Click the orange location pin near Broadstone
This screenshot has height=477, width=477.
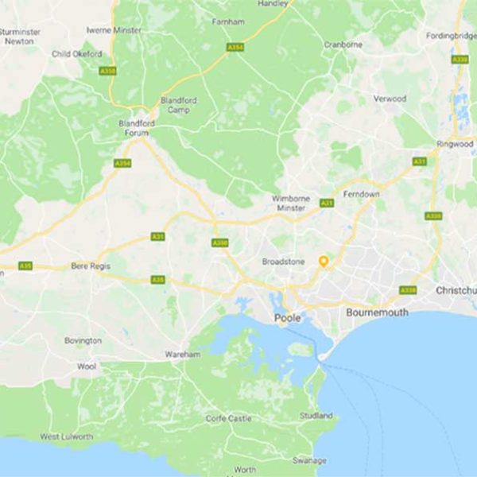(324, 262)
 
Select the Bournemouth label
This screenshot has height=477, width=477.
(377, 312)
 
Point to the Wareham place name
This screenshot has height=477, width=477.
(183, 355)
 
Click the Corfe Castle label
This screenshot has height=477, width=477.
(228, 418)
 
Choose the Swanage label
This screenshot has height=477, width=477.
(308, 460)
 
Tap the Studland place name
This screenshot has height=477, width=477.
(317, 416)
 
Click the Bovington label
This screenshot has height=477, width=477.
(83, 340)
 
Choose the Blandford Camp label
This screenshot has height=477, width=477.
(179, 106)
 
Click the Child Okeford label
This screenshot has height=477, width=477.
(76, 54)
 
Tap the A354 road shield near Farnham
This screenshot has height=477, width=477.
(235, 48)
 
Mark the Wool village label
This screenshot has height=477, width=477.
(87, 367)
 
